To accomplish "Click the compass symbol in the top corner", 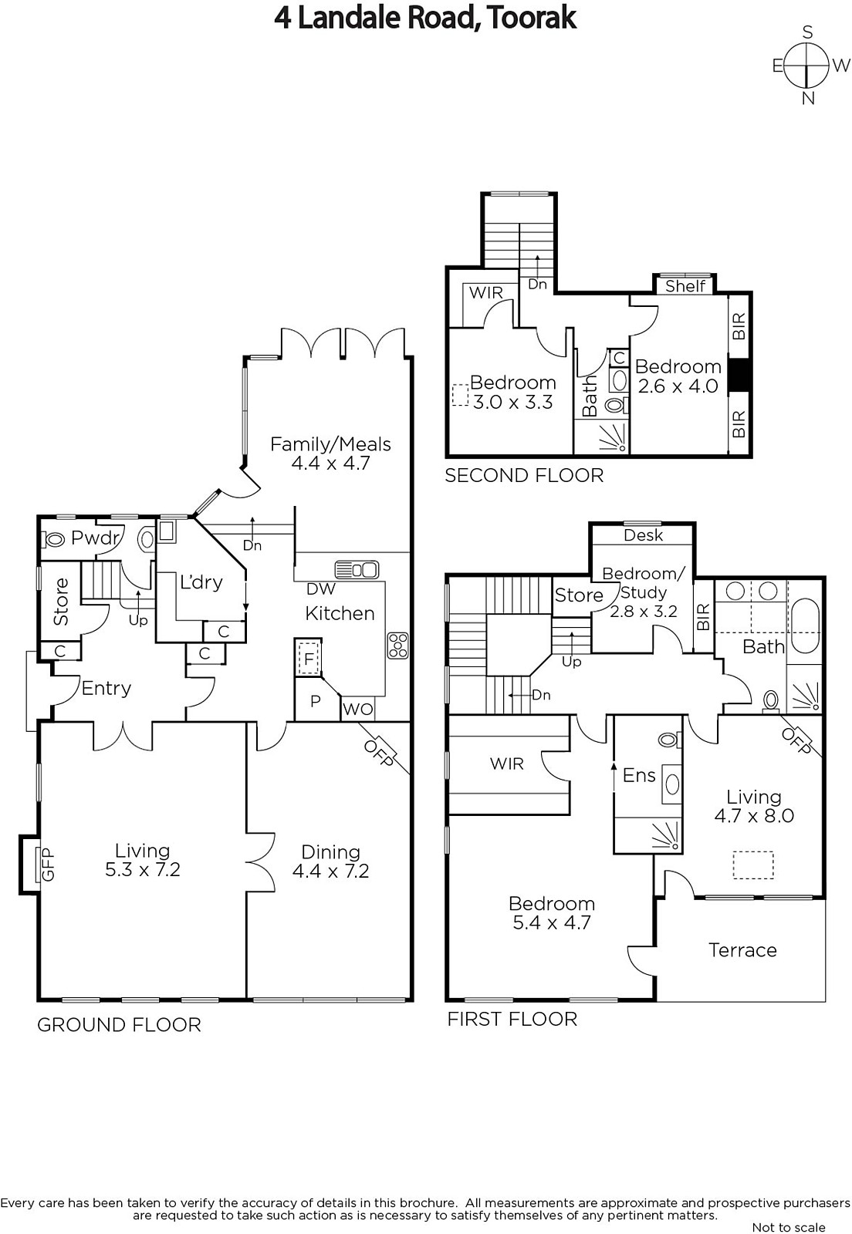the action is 806,66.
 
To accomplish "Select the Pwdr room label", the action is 96,538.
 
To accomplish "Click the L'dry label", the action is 201,582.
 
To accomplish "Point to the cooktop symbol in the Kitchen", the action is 398,646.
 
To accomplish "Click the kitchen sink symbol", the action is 357,570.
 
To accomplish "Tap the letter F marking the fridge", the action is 309,659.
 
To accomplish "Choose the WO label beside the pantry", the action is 357,709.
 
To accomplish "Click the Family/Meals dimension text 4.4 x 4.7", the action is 330,463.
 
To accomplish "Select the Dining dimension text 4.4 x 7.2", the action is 330,871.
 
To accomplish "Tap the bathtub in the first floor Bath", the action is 805,627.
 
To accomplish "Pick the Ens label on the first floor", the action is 639,775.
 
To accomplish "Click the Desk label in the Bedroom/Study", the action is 643,535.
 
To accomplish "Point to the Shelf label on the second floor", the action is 685,286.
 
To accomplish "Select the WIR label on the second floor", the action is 486,292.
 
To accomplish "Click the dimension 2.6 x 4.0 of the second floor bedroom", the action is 678,386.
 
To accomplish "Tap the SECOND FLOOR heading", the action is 524,475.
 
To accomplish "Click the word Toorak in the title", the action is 532,19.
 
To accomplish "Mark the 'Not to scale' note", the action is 789,1227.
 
